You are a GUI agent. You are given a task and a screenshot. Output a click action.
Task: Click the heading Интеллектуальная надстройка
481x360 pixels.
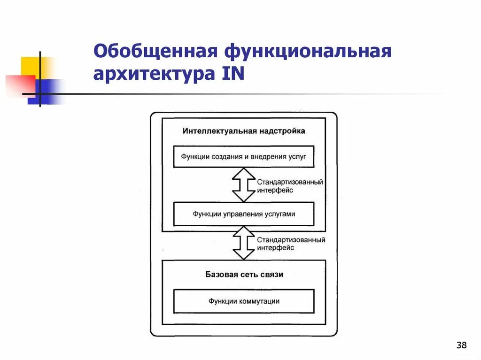(244, 131)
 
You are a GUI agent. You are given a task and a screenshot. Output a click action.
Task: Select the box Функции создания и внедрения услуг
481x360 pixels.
(243, 156)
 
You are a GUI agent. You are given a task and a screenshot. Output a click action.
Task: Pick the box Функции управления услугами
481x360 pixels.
(243, 214)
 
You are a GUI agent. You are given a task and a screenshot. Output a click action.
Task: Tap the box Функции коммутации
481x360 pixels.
(244, 301)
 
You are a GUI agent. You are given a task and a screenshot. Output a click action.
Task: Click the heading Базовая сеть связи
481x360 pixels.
(244, 274)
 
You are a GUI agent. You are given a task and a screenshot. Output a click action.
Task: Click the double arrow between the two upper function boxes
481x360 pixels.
(243, 185)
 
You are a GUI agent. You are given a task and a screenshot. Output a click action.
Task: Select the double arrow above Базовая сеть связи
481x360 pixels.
(243, 243)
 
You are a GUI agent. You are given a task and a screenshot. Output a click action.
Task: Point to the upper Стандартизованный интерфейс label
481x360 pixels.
(290, 186)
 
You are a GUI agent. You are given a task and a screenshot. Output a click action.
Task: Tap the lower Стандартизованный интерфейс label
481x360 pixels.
(291, 244)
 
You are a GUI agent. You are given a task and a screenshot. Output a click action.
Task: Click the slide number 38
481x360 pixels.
(461, 346)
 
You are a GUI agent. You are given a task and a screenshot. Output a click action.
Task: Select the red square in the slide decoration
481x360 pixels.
(19, 85)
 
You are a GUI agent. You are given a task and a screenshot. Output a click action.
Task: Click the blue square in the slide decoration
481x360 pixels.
(49, 90)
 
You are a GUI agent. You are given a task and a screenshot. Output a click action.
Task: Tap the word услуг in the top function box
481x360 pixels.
(297, 156)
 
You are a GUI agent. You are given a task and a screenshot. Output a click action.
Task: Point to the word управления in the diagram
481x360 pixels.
(239, 214)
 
